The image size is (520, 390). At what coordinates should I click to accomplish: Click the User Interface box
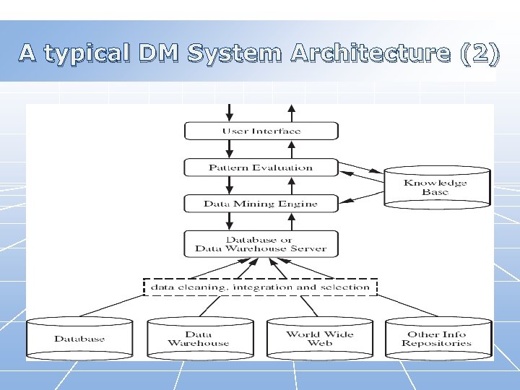click(261, 131)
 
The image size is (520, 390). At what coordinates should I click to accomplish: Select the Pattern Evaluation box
click(261, 168)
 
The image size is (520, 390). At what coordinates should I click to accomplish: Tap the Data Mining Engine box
click(261, 204)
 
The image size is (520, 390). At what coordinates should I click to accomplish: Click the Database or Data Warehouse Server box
click(261, 244)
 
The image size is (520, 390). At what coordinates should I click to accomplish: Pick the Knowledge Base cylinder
click(435, 188)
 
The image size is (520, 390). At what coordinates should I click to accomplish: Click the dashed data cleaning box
click(260, 287)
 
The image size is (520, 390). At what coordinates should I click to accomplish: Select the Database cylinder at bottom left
click(79, 339)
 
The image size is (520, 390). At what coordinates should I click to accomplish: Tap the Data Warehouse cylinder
click(198, 339)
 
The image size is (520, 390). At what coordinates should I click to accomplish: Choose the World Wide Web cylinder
click(320, 339)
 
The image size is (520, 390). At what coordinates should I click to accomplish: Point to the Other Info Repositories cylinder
click(437, 339)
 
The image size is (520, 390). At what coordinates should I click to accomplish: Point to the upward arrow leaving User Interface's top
click(291, 112)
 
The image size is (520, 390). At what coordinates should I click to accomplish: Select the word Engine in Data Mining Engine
click(299, 204)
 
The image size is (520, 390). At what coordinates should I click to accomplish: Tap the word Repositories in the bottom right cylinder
click(437, 344)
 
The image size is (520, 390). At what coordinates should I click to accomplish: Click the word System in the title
click(235, 53)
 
